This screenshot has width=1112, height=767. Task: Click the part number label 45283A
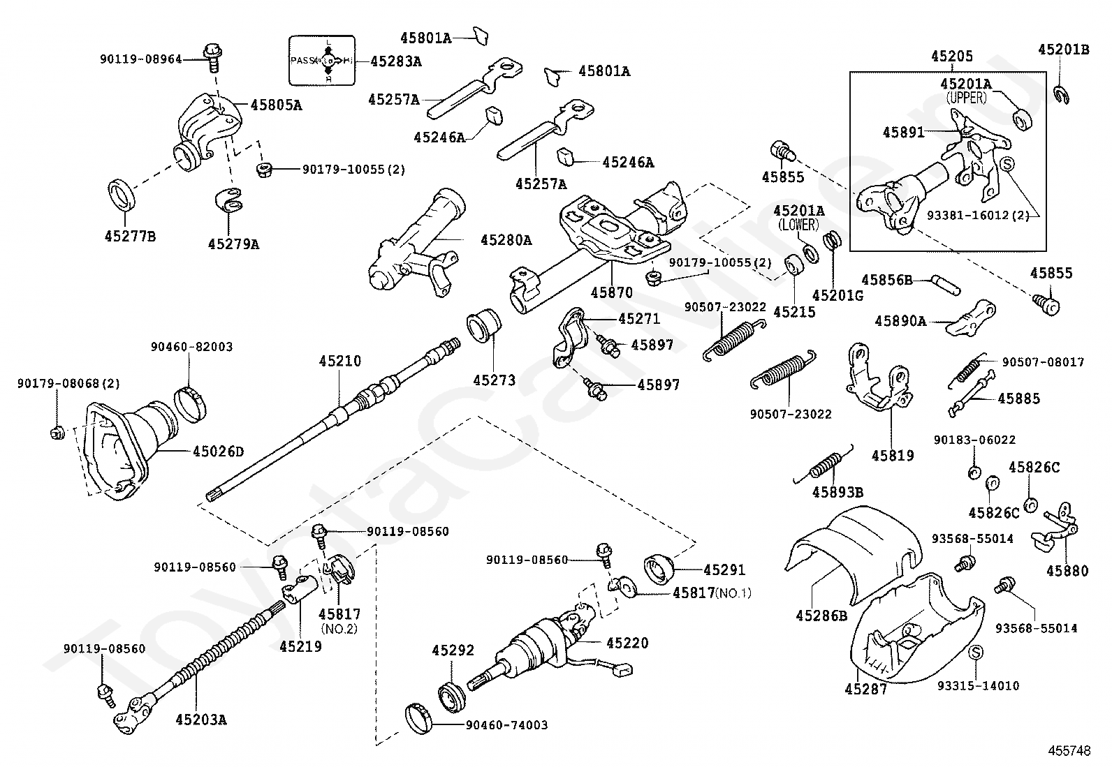coord(395,61)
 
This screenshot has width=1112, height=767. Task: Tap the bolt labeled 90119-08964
coord(212,58)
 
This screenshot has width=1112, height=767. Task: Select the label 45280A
coord(506,240)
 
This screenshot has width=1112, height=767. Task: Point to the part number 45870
coord(612,292)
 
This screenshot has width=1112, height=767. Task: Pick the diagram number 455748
coord(1069,751)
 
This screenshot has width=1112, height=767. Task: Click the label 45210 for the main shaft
coord(340,361)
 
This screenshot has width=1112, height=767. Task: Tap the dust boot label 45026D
coord(219,452)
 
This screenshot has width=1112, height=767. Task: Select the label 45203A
coord(201,720)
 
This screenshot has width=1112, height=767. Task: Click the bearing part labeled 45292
coord(452,697)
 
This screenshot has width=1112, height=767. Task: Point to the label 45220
coord(627,643)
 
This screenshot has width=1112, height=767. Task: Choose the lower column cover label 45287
coord(865,689)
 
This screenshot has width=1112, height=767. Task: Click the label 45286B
coord(821,616)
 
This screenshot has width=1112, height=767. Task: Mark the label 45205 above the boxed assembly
coord(952,56)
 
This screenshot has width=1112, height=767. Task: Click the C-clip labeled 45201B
coord(1061,95)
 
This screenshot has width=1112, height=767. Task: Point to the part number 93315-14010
coord(978,685)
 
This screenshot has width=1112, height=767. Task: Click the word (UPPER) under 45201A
coord(966,98)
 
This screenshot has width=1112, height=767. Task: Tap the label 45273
coord(494,380)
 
